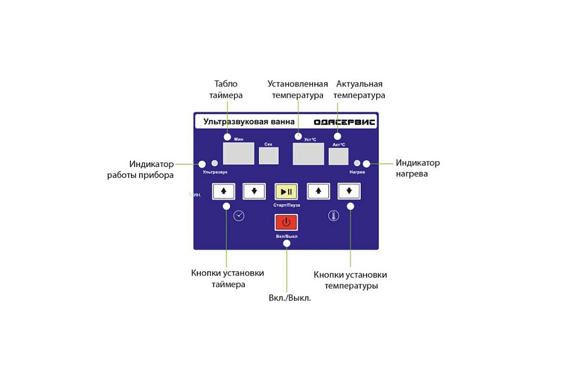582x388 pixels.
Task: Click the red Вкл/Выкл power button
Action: (x=286, y=222)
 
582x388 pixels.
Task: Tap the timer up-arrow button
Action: (x=223, y=191)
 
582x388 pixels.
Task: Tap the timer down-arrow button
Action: (x=254, y=191)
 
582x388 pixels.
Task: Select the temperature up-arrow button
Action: (x=318, y=191)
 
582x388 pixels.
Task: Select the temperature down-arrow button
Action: (x=349, y=191)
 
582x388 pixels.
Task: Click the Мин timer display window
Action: (x=239, y=154)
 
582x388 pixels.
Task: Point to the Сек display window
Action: (x=268, y=156)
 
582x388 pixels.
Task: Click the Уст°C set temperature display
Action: (x=308, y=154)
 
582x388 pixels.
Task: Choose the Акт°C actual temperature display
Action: (x=338, y=156)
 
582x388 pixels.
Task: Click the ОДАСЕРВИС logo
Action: (x=345, y=122)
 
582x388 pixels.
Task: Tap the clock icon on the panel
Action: (x=239, y=216)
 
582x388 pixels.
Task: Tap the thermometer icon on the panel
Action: (x=333, y=216)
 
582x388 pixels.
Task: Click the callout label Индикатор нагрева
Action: (x=417, y=168)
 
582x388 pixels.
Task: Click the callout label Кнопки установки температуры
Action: (x=350, y=280)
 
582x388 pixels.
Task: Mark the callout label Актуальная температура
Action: (x=360, y=90)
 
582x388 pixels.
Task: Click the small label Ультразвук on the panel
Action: (x=215, y=173)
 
